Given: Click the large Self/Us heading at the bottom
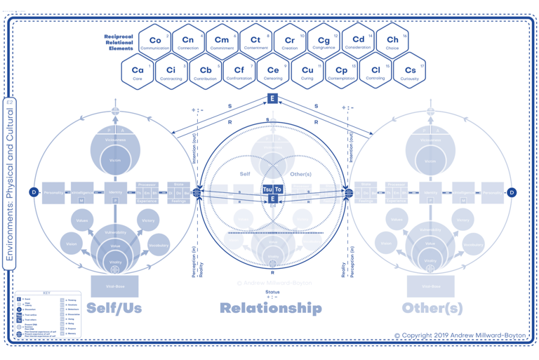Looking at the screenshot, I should click(x=114, y=308).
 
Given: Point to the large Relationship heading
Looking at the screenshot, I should click(x=271, y=308).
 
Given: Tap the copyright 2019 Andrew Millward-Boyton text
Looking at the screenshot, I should click(x=460, y=336).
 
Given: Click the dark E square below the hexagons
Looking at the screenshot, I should click(x=272, y=99).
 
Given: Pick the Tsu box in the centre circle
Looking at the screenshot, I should click(x=267, y=189).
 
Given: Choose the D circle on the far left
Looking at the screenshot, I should click(x=33, y=192).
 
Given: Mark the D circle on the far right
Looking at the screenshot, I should click(x=512, y=192).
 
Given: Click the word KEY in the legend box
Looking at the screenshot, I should click(x=46, y=294).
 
